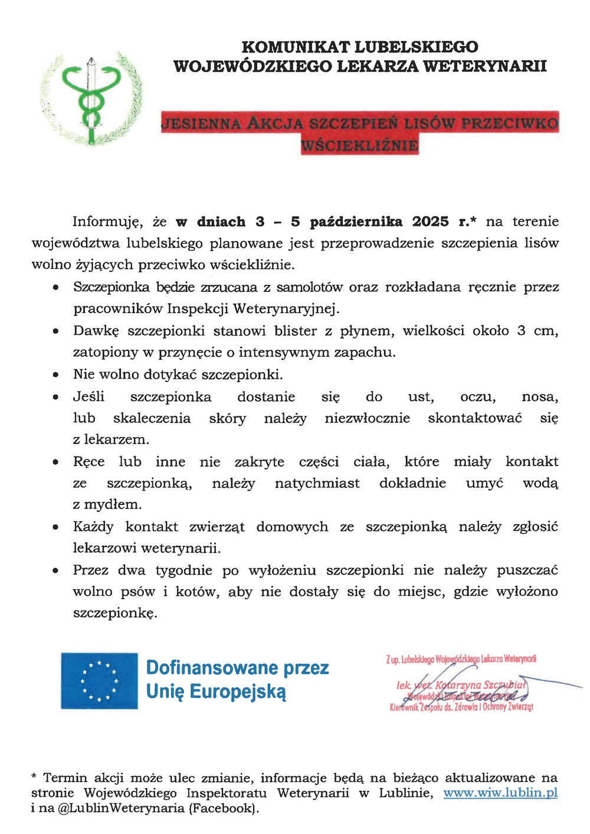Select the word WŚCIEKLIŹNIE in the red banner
point(360,145)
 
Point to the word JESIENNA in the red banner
point(201,124)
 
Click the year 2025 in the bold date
point(430,222)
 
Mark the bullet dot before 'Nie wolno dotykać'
point(55,375)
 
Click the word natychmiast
point(317,484)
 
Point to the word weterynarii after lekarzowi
point(181,549)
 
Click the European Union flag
point(99,681)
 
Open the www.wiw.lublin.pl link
point(500,793)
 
